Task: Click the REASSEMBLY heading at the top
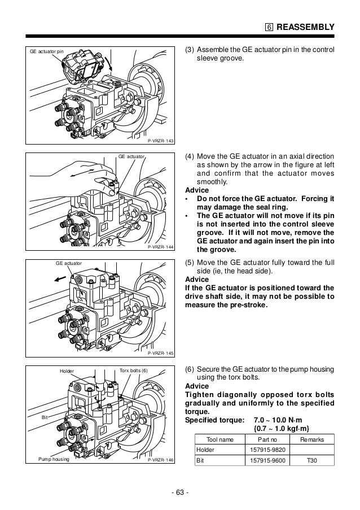[306, 27]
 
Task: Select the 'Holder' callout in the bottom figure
[67, 371]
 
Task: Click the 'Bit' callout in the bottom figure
[45, 416]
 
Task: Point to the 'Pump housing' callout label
[54, 460]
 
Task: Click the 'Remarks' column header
[312, 439]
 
